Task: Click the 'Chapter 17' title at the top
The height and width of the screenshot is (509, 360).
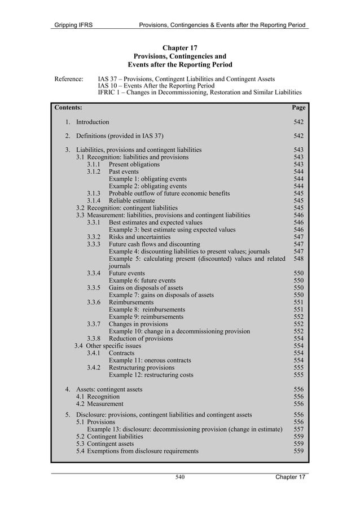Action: coord(179,47)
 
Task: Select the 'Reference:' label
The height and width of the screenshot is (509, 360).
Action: coord(69,78)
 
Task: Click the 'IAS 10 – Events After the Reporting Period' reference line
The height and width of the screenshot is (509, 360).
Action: coord(156,86)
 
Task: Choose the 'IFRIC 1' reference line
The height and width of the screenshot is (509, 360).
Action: coord(199,93)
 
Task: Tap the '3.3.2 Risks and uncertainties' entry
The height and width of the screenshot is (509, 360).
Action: coord(129,237)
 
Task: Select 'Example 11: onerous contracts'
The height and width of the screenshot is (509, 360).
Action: coord(150,360)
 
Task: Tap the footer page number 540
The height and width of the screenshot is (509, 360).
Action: coord(180,477)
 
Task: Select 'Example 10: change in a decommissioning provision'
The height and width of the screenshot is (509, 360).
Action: coord(179,331)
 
